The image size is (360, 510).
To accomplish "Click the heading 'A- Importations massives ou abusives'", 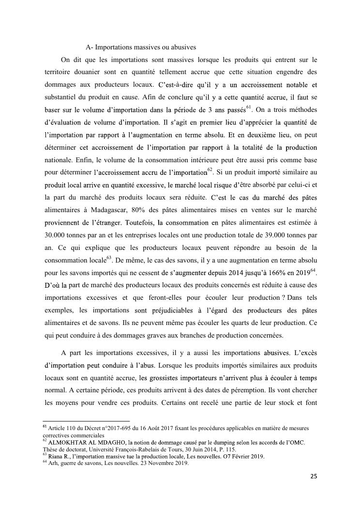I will (140, 47).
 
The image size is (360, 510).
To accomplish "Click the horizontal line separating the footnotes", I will (87, 421).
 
